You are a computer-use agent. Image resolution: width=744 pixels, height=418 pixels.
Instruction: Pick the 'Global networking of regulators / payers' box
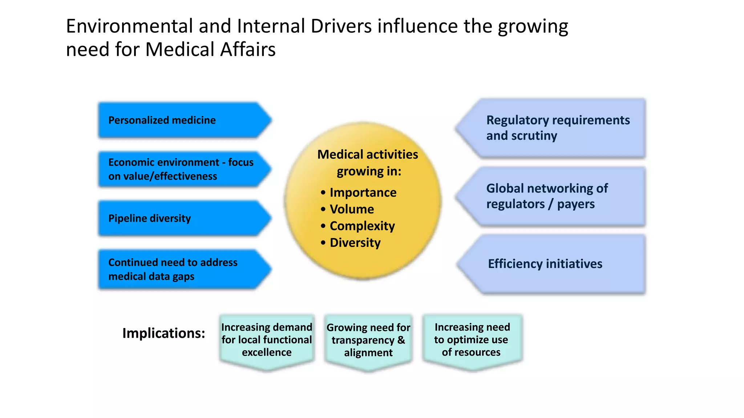click(556, 196)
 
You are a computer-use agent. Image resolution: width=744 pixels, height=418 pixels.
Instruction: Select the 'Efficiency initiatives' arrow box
click(556, 264)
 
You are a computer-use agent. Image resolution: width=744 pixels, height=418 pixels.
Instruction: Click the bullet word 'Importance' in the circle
click(363, 193)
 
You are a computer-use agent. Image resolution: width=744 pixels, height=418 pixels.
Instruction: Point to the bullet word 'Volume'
click(352, 209)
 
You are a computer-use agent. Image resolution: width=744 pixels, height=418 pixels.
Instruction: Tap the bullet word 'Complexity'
click(362, 226)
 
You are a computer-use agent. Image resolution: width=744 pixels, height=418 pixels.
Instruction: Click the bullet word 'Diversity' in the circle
click(355, 243)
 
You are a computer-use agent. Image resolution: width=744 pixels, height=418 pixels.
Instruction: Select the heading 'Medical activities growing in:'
click(368, 163)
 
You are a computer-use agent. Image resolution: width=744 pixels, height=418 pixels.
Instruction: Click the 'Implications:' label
click(163, 333)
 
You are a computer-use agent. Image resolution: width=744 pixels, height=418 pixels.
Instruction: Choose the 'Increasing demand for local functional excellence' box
click(267, 340)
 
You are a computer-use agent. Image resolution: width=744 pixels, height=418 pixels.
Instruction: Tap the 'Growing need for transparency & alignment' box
click(368, 340)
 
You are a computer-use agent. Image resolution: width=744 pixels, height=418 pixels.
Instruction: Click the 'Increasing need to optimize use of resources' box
click(472, 340)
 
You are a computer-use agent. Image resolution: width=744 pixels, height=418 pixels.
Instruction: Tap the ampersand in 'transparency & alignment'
click(401, 340)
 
